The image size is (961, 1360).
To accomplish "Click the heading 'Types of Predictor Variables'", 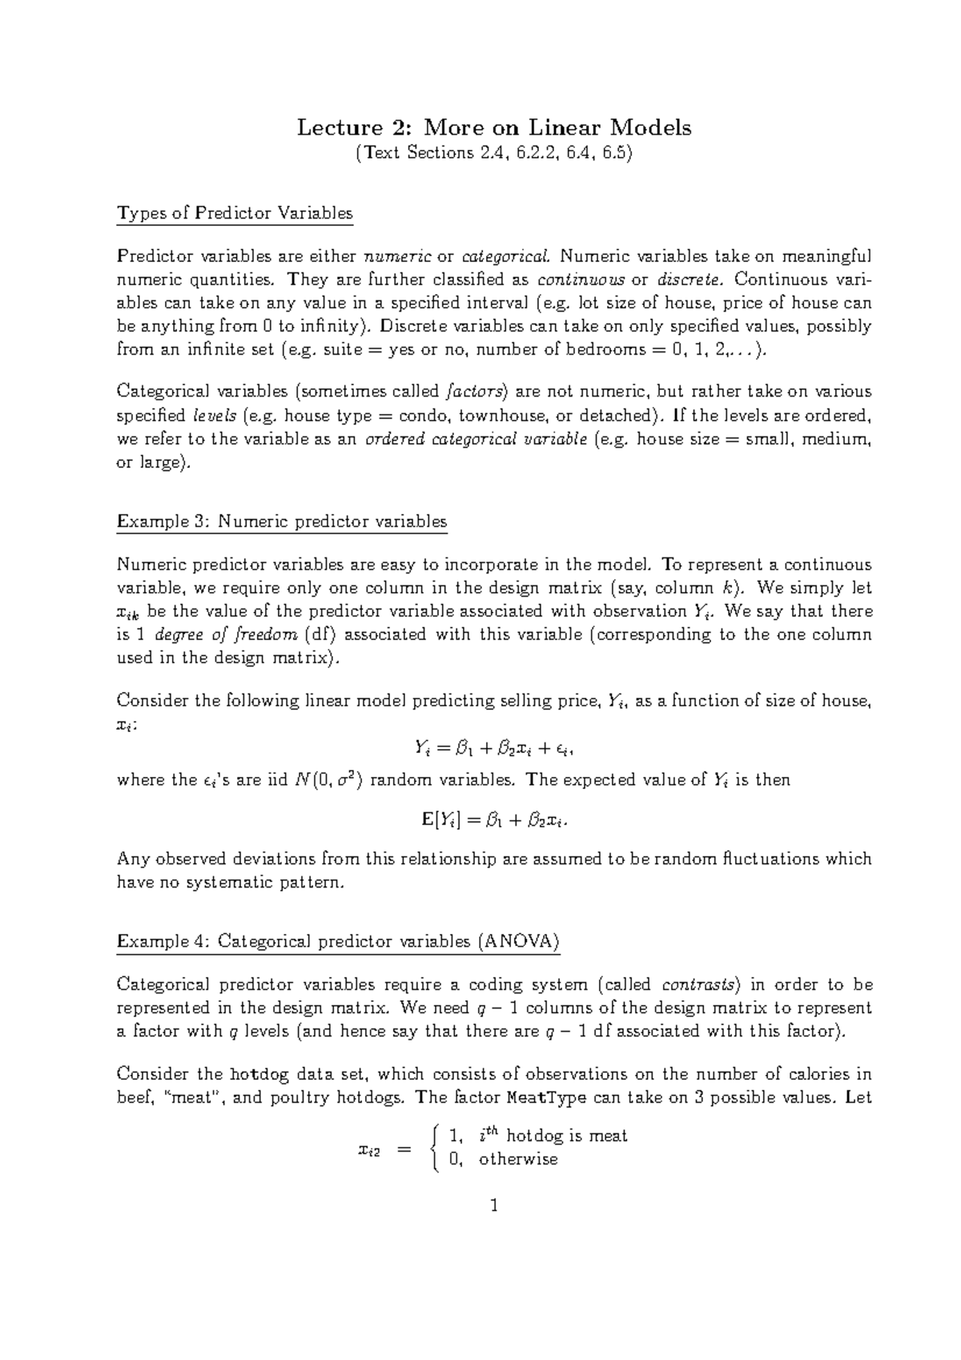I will tap(235, 213).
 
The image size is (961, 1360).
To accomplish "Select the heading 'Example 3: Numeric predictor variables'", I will tap(282, 521).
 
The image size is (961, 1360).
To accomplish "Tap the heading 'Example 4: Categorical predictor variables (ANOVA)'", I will tap(338, 941).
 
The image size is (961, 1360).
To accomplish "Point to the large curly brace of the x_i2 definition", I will tap(433, 1148).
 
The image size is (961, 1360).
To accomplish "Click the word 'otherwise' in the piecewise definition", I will tap(518, 1160).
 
